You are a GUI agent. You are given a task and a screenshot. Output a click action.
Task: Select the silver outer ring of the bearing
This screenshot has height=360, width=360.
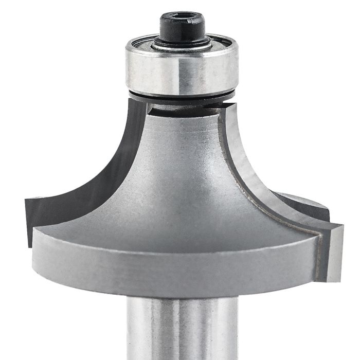click(x=154, y=72)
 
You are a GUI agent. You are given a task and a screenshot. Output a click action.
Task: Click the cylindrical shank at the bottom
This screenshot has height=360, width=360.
click(x=179, y=329)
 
